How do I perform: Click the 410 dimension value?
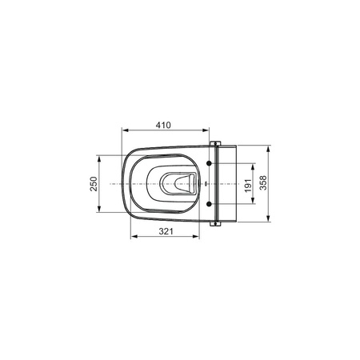click(163, 125)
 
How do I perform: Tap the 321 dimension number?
click(166, 231)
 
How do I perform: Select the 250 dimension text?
click(94, 184)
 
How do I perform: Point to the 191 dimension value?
click(248, 186)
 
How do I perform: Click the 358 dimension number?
click(263, 182)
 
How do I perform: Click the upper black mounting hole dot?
click(210, 163)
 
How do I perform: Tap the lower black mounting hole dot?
click(210, 204)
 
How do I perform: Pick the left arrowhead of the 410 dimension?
click(126, 130)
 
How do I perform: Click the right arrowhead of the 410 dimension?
click(206, 130)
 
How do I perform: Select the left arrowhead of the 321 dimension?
click(134, 236)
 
